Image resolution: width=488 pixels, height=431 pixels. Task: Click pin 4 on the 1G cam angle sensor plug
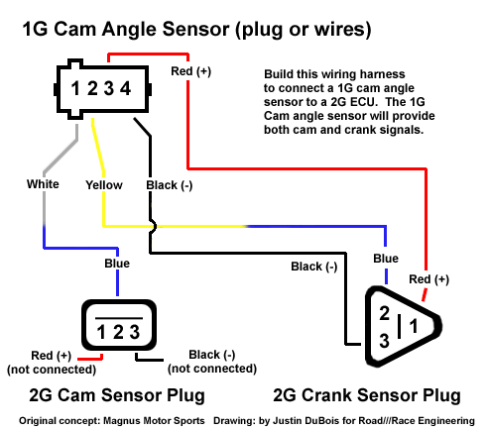point(125,88)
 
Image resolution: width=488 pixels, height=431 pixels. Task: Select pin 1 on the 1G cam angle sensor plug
point(75,88)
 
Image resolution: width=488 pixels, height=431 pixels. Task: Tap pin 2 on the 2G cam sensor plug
point(118,332)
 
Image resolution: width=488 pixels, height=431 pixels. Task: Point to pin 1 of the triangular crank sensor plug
point(414,326)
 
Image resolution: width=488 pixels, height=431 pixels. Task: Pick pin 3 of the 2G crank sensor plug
point(384,341)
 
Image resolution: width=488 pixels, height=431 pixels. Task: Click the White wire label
point(43,184)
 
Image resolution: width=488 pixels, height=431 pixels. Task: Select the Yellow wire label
point(104,185)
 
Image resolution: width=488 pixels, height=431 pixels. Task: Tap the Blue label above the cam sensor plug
point(117,264)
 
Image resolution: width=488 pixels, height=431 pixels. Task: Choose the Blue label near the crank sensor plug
point(386,259)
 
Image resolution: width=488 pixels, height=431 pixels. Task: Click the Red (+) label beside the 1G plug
point(191,71)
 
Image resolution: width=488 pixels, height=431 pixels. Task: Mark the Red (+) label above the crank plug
point(429,279)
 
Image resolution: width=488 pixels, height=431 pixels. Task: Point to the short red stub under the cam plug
point(90,358)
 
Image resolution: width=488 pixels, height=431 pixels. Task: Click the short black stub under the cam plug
point(149,359)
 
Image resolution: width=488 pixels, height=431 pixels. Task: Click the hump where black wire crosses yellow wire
point(153,227)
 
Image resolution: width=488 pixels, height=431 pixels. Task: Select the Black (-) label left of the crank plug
point(314,267)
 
